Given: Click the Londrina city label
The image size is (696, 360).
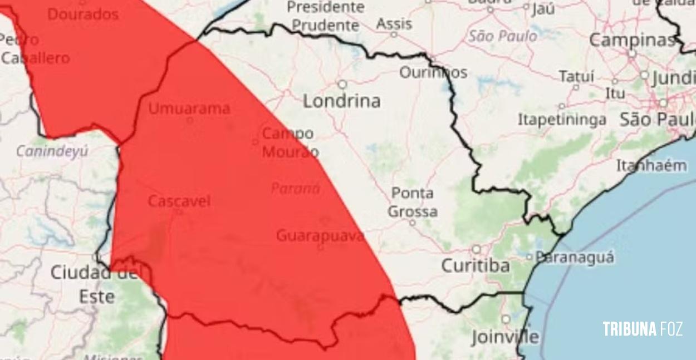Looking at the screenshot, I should point(342,101).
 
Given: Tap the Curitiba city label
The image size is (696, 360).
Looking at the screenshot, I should point(475,266).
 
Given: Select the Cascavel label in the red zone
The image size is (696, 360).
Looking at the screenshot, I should point(179,201).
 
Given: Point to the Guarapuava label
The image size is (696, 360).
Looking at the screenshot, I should point(320,235).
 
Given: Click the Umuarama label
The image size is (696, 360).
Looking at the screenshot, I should point(189,108).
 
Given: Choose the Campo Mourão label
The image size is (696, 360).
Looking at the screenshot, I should point(290,142).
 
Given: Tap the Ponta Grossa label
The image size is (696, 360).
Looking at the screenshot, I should point(413,202).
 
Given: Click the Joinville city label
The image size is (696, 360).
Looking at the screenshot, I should point(505,336).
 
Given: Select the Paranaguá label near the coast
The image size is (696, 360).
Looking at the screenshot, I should point(574,257).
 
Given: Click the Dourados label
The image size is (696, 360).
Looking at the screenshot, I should point(83,14).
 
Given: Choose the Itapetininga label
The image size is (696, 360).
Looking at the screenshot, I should point(562,119).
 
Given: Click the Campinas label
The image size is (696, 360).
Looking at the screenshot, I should point(632,40).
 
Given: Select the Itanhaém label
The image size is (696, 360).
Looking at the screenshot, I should point(651,165).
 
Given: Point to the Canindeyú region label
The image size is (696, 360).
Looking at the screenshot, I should point(52,151).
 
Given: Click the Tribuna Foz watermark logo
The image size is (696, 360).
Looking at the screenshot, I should point(642,329).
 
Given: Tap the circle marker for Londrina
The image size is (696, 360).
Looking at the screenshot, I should point(342,85).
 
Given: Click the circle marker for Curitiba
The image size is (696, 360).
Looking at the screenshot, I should point(477,249).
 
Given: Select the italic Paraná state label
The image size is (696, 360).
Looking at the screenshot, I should point(295,189).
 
